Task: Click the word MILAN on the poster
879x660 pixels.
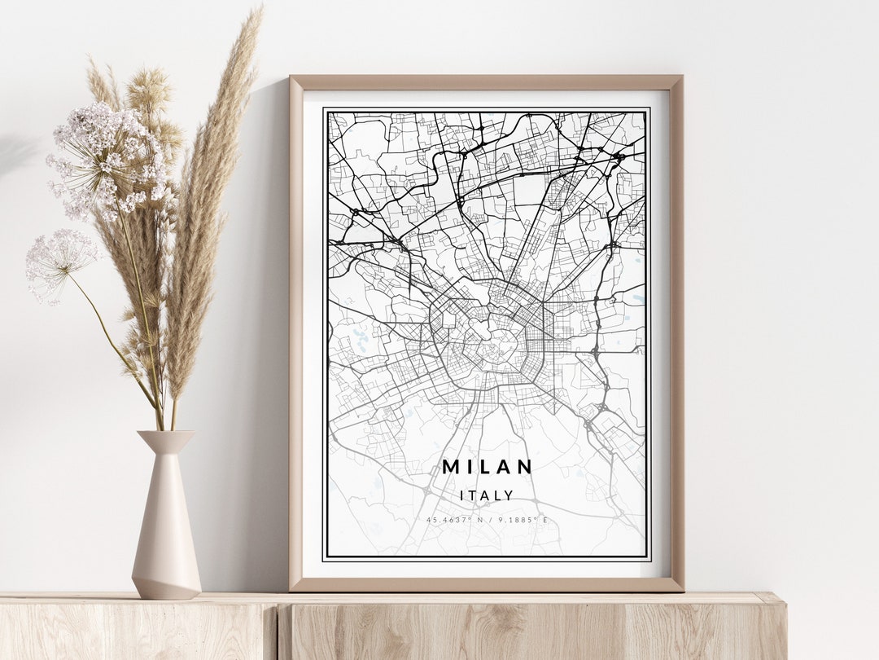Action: click(487, 467)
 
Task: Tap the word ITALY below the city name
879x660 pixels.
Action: click(487, 495)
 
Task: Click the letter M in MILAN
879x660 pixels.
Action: click(450, 467)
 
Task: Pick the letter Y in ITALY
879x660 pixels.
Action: click(509, 495)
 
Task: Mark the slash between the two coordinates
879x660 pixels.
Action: click(490, 519)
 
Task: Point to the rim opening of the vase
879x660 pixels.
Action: click(165, 434)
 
